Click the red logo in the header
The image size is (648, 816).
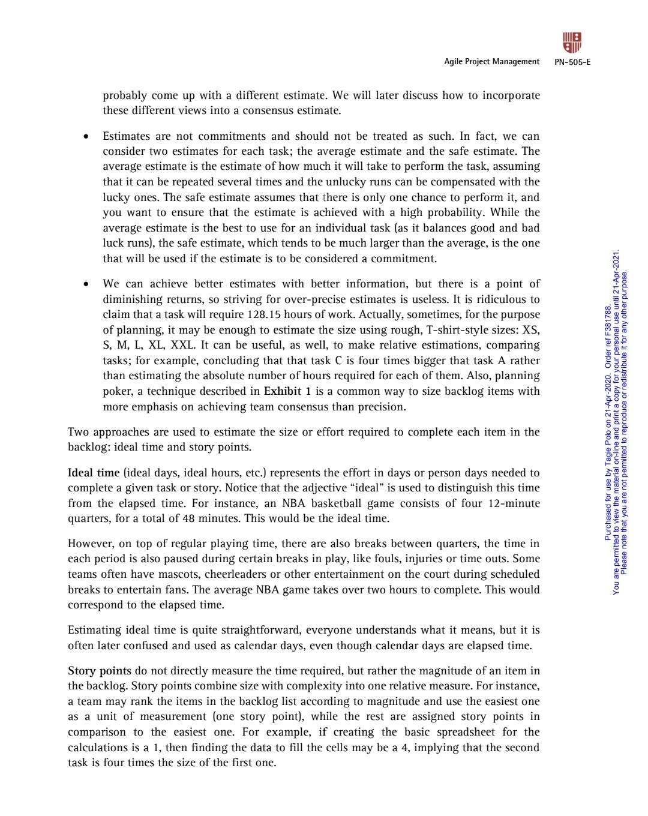[572, 43]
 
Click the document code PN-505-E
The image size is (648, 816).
[572, 62]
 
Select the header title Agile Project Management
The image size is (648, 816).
[491, 62]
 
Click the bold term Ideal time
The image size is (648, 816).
[94, 473]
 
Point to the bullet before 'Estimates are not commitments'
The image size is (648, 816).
[86, 137]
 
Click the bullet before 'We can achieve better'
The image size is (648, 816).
[86, 284]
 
